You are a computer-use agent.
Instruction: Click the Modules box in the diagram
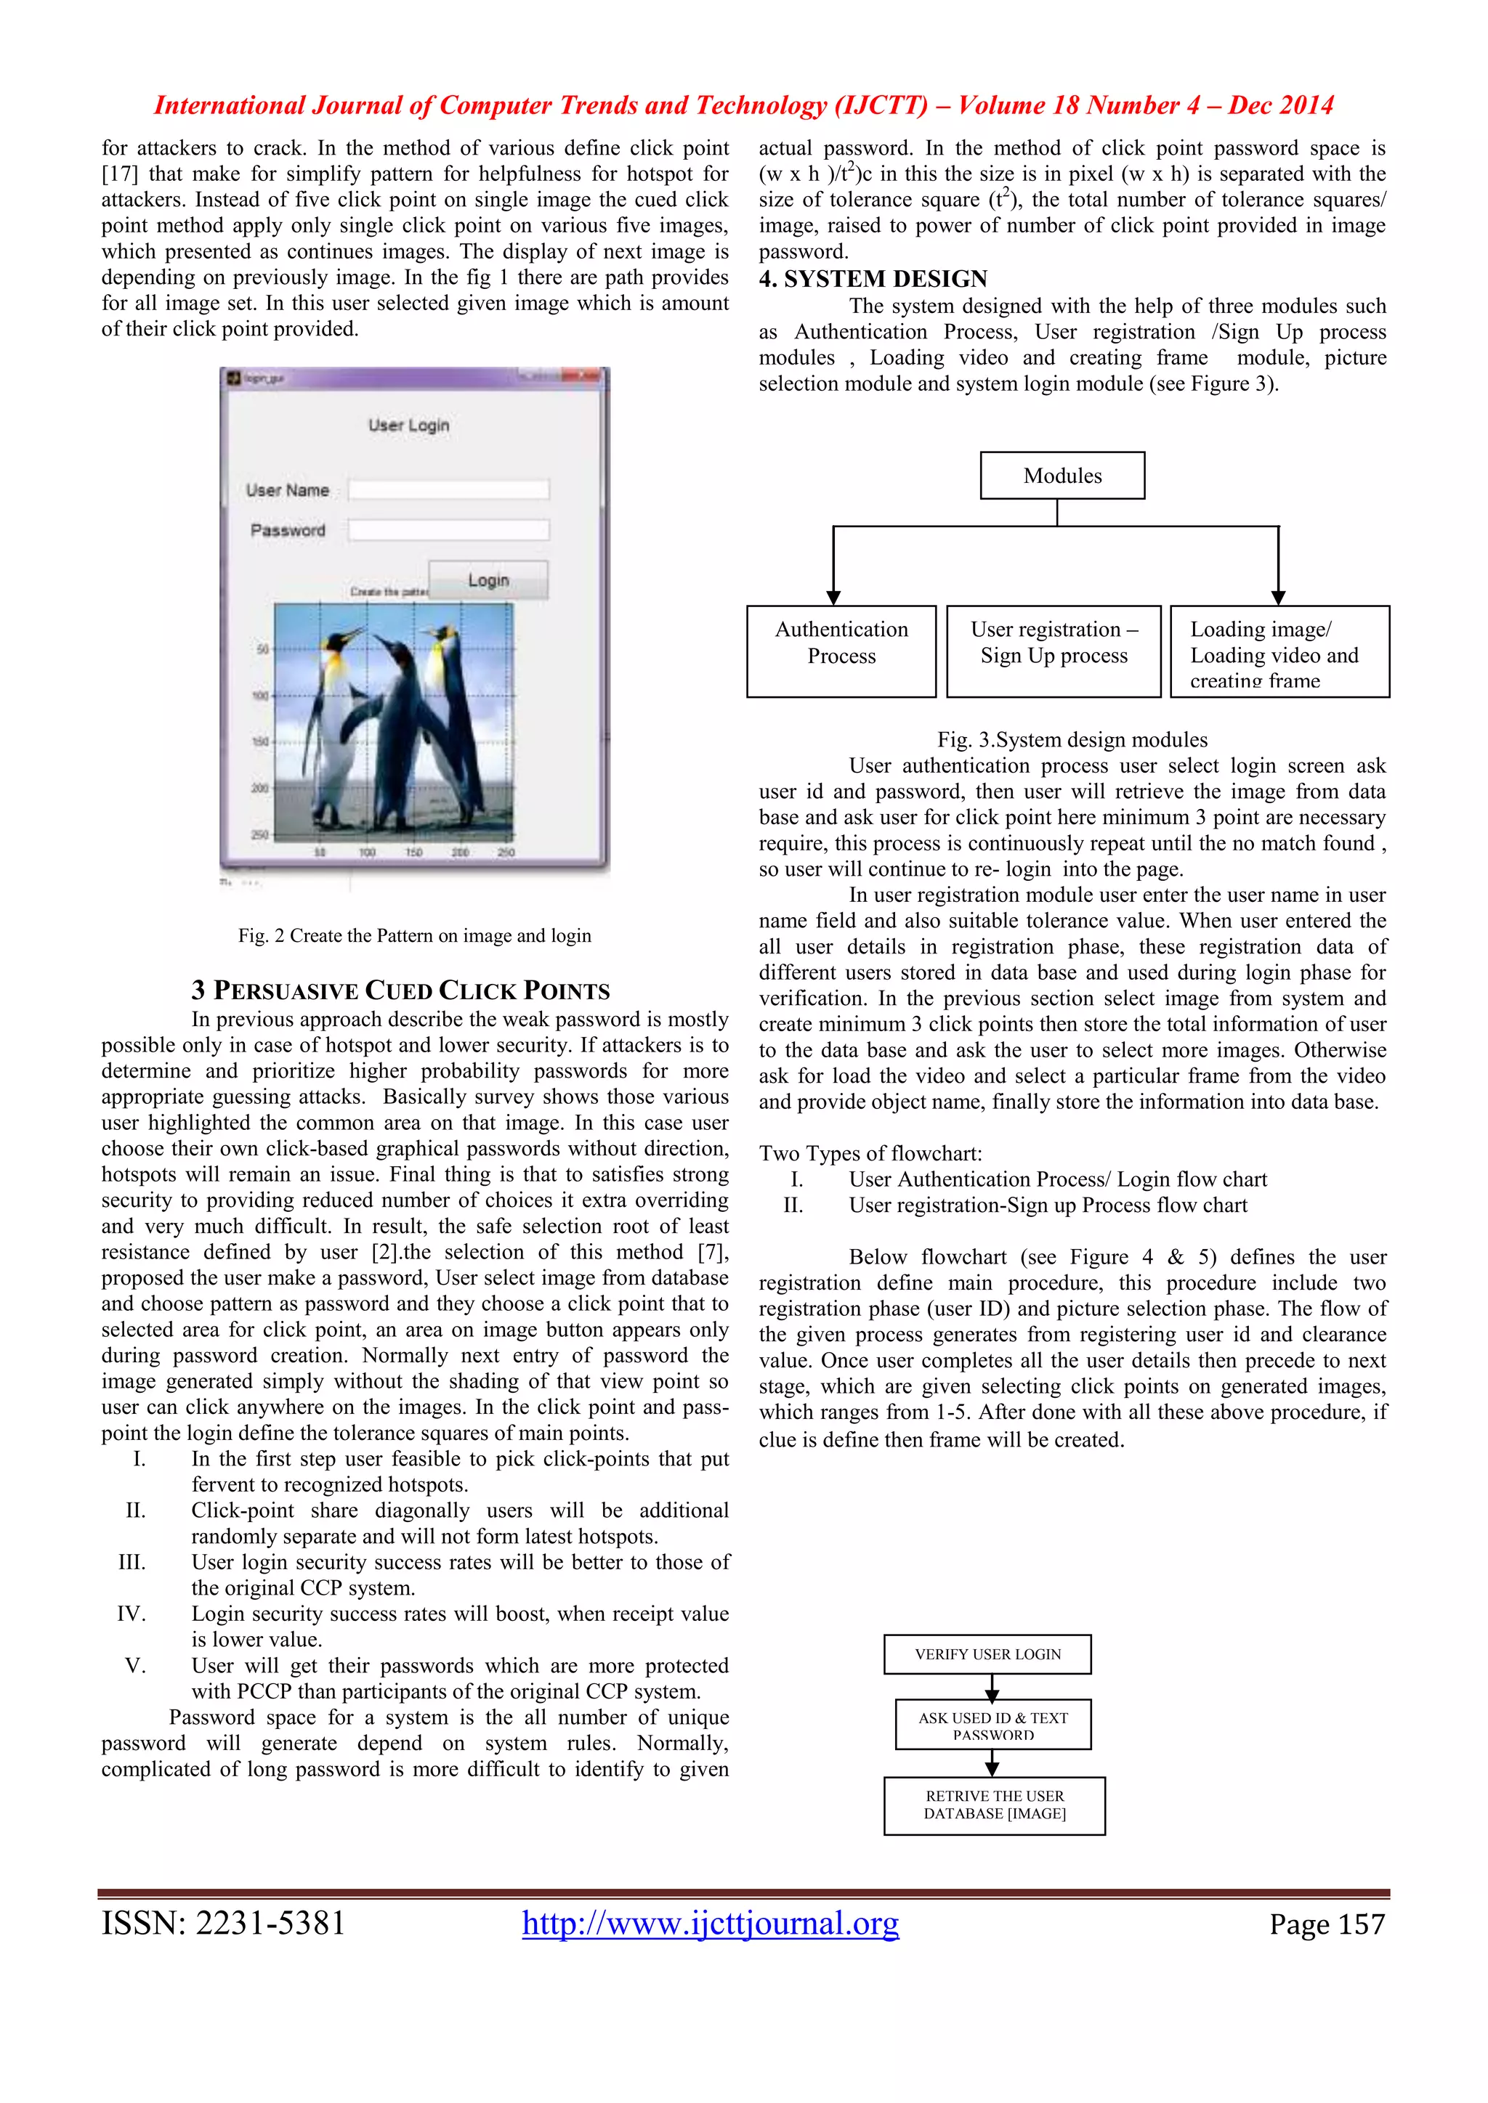point(1062,476)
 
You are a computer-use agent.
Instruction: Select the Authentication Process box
point(841,651)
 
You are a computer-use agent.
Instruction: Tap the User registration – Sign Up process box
point(1054,651)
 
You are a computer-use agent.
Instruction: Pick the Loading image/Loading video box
point(1279,651)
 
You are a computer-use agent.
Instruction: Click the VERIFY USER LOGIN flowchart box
point(987,1654)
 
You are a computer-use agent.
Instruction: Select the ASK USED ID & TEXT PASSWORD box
point(993,1725)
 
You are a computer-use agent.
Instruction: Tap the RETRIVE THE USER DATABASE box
point(994,1805)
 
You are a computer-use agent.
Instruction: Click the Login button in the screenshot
point(488,579)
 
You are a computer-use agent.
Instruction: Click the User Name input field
point(448,490)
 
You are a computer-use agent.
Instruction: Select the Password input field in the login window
point(448,530)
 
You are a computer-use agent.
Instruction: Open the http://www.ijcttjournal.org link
point(710,1923)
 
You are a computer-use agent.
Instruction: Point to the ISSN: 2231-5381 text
point(224,1923)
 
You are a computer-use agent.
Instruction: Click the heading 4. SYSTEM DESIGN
point(873,280)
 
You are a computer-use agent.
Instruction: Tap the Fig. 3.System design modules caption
point(1072,740)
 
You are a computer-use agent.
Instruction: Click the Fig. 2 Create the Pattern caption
point(414,935)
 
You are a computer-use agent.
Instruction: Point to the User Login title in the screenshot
point(408,425)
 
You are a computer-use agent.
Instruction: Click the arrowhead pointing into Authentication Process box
point(833,597)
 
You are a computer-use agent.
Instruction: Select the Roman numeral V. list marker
point(136,1665)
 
